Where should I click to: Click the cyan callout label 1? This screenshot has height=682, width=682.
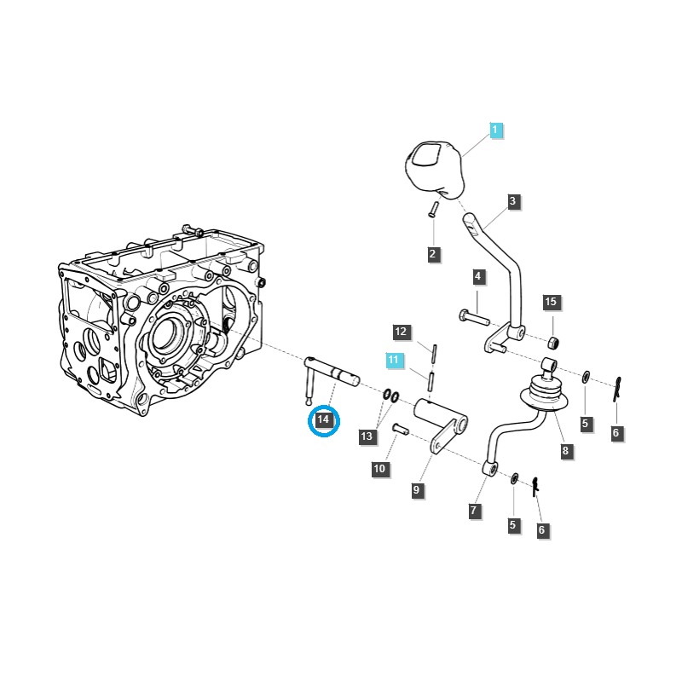tap(495, 130)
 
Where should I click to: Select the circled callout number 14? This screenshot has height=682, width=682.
tap(323, 420)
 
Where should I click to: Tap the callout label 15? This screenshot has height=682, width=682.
tap(551, 302)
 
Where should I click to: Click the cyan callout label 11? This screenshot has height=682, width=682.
tap(394, 360)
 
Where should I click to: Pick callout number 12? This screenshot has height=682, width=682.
tap(401, 332)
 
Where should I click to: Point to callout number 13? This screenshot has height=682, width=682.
tap(367, 436)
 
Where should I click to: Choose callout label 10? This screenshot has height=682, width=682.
tap(379, 469)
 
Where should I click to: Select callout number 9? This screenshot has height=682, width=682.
tap(417, 490)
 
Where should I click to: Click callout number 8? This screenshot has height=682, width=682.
tap(565, 451)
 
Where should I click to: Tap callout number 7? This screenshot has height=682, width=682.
tap(474, 511)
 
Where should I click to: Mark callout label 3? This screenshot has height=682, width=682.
tap(513, 201)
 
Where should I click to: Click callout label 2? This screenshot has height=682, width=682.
tap(432, 254)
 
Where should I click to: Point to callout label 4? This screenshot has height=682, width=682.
tap(478, 276)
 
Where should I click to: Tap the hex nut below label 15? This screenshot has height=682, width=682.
tap(552, 343)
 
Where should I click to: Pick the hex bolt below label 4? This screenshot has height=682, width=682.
tap(474, 317)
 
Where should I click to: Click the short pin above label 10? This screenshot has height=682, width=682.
tap(401, 429)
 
